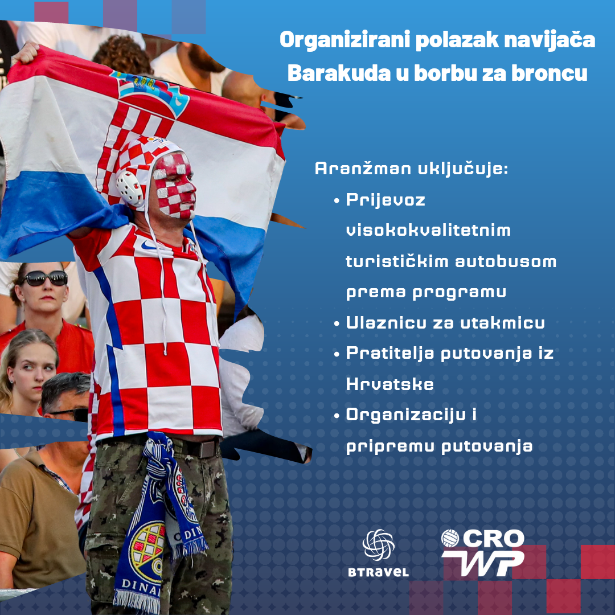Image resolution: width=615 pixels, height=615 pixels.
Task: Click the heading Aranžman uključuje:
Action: [x=412, y=169]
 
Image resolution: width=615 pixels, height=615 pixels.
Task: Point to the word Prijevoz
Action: [x=386, y=200]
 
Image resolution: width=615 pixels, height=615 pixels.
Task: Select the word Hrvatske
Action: [x=389, y=384]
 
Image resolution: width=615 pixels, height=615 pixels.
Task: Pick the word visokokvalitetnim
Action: [x=428, y=230]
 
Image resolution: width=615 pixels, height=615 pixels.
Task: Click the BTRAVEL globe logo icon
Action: [x=378, y=545]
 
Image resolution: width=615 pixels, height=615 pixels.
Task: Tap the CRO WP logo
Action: [x=482, y=552]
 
